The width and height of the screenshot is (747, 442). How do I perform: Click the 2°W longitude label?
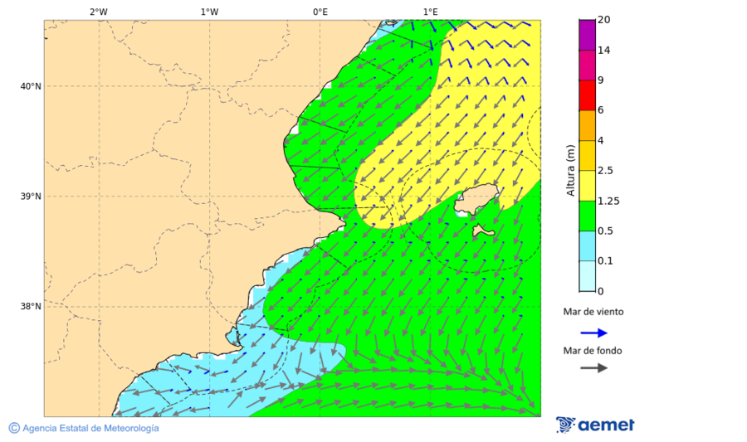tap(98, 12)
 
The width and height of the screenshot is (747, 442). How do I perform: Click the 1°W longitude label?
tap(209, 12)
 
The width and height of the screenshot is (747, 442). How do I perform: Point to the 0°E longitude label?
tap(320, 12)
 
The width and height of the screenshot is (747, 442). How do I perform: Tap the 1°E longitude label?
tap(431, 12)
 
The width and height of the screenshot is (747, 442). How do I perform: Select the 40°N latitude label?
tap(30, 86)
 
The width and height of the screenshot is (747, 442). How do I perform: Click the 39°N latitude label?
tap(30, 197)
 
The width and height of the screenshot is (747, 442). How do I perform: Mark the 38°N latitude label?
tap(30, 307)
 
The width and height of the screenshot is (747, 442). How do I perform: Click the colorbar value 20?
tap(605, 20)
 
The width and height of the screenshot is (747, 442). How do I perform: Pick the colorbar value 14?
tap(605, 51)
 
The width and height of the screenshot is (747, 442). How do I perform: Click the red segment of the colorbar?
tap(587, 95)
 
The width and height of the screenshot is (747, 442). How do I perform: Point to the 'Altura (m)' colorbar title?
tap(570, 171)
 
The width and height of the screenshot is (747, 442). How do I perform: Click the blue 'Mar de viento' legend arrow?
tap(593, 333)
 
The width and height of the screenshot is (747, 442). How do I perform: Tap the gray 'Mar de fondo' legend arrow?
tap(593, 368)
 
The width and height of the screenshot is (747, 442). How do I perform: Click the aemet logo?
tap(595, 425)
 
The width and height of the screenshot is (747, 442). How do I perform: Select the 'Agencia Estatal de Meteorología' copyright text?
tap(84, 428)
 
